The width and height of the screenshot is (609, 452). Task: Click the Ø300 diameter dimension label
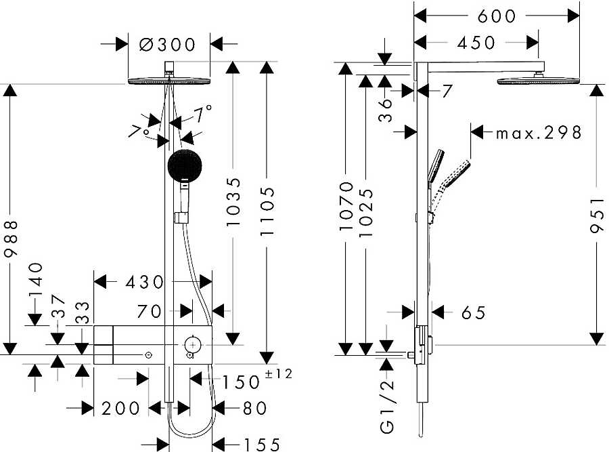point(167,44)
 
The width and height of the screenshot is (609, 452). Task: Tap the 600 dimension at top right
point(497,16)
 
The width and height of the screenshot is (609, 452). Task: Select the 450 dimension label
point(476,43)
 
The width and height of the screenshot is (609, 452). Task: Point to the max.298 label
point(539,133)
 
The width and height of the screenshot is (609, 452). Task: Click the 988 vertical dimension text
point(11,239)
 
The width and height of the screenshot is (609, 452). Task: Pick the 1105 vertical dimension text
point(267,211)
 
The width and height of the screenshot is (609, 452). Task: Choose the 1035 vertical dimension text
point(233,202)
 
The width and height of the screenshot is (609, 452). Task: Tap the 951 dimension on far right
point(597,215)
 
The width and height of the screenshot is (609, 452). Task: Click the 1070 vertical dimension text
point(346,206)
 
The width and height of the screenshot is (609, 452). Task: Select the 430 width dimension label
point(145,283)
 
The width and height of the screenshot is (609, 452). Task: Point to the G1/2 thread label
point(387,407)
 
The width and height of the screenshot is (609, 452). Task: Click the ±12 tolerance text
point(278,374)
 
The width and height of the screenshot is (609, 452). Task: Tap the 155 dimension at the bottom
point(261,445)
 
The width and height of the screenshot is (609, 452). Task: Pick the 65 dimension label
point(474,313)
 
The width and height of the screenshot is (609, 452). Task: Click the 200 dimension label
point(120,409)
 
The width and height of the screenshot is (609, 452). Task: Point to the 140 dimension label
point(36,280)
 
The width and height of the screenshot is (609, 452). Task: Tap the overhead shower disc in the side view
point(539,81)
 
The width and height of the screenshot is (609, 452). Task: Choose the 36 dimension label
point(385,110)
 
